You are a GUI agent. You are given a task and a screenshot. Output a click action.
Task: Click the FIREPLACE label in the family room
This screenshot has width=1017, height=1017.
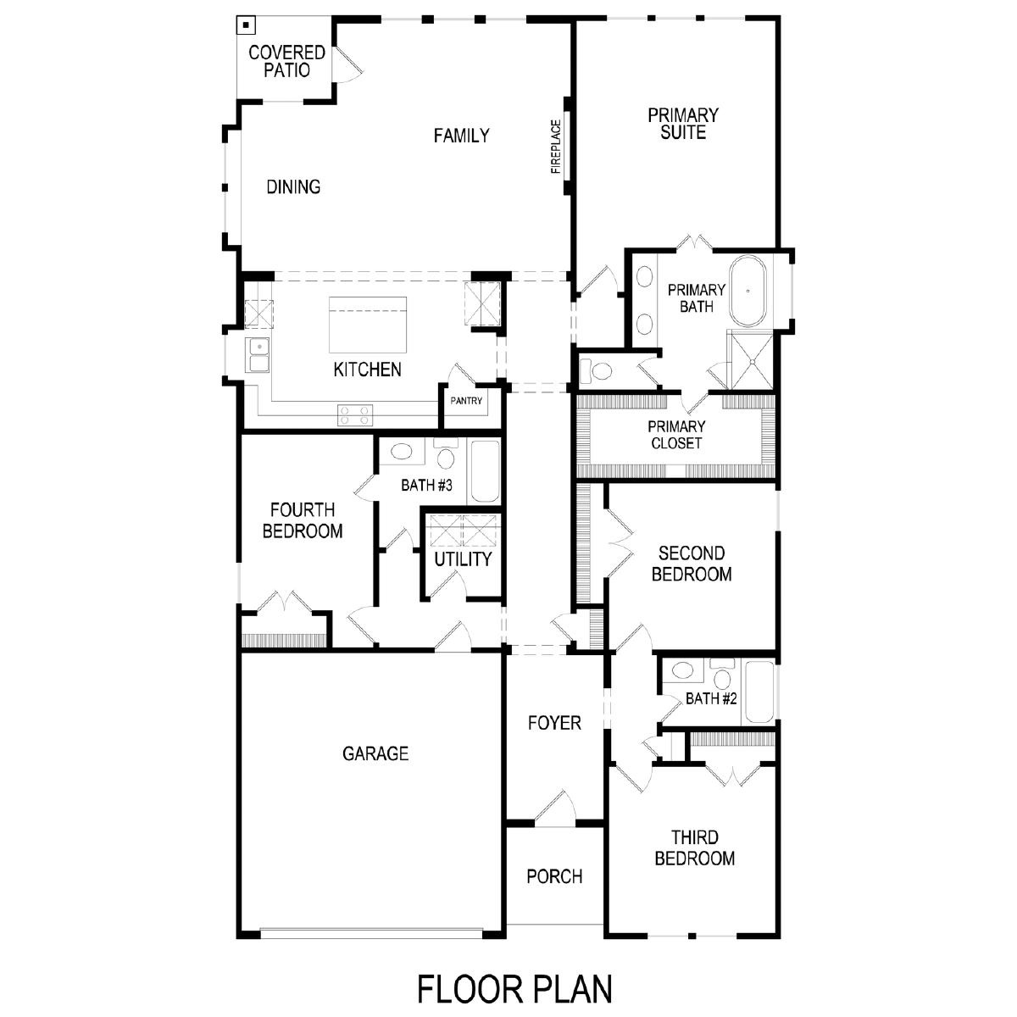tap(556, 147)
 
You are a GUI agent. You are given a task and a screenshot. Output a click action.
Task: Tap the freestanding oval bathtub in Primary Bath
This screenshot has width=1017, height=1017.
tap(747, 291)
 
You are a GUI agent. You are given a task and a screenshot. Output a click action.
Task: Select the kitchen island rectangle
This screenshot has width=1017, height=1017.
tap(368, 325)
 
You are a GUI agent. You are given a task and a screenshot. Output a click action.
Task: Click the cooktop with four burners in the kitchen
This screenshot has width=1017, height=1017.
tap(354, 414)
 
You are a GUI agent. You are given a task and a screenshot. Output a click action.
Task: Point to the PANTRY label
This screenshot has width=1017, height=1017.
tap(466, 401)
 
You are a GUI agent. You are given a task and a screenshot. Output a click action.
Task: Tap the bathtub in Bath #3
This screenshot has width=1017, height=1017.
tap(485, 470)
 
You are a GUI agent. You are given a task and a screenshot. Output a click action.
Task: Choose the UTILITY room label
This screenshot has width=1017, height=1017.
tap(463, 559)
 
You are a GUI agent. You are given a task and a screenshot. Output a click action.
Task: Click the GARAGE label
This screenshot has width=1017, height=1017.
tap(375, 753)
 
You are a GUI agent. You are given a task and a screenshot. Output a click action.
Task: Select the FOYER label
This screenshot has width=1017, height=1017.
tap(554, 723)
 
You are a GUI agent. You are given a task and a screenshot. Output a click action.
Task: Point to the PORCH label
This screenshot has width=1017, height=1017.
tap(554, 876)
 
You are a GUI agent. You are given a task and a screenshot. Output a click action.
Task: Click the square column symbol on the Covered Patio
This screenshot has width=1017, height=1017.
tap(246, 25)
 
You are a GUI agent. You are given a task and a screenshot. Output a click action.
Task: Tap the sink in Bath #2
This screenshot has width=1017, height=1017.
tap(682, 670)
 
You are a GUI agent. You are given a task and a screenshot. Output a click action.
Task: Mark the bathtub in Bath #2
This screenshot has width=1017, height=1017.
tap(759, 692)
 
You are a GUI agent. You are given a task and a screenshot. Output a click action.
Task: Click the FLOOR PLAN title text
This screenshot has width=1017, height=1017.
tap(514, 989)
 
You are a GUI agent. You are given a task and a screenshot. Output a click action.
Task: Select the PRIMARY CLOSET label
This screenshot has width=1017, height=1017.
tap(676, 435)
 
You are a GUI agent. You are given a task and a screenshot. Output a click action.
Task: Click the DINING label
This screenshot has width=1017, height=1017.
tap(293, 186)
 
